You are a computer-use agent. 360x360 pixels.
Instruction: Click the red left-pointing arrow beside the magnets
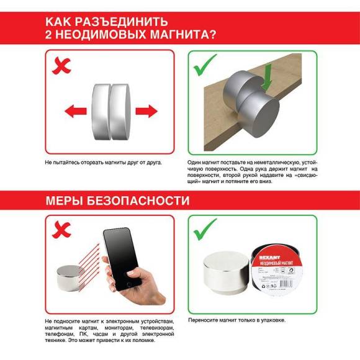pos(76,112)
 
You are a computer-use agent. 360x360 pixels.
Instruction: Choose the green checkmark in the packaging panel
pos(206,230)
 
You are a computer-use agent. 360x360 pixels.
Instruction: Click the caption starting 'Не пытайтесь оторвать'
pos(103,162)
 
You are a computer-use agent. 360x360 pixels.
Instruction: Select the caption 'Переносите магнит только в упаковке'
pos(236,320)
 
